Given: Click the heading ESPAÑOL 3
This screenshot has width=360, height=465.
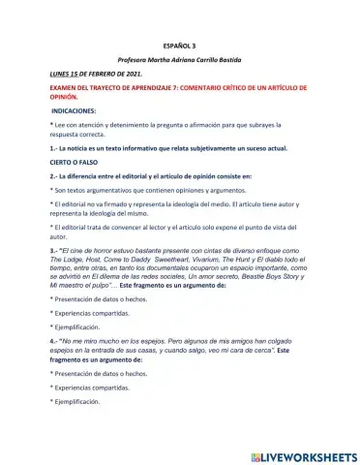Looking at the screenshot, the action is [179, 45].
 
